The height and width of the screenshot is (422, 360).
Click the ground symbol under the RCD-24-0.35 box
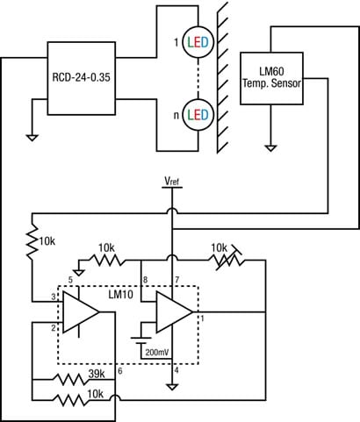click(x=33, y=136)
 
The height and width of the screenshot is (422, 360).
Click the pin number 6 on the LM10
click(x=119, y=372)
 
